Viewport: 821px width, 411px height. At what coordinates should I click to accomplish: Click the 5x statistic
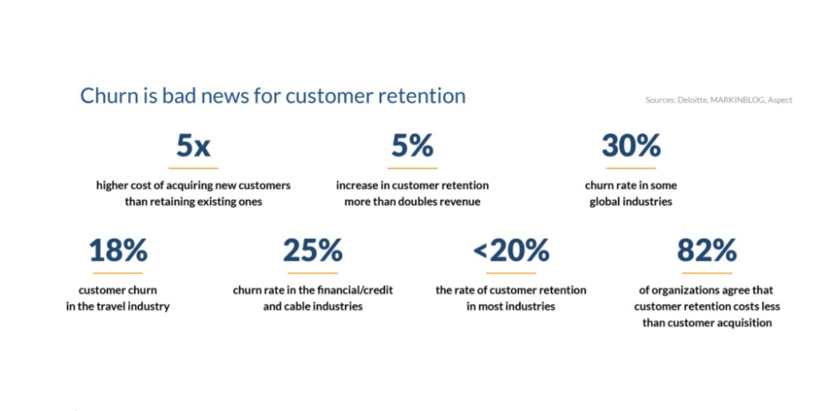click(194, 146)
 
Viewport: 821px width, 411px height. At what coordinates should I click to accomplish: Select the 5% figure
click(413, 146)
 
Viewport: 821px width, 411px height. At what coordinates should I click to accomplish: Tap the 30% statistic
click(631, 146)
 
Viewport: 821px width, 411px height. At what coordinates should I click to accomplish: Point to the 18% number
click(118, 250)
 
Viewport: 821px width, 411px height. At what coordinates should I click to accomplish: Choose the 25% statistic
click(313, 250)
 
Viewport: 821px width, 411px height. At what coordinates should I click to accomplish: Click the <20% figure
click(511, 250)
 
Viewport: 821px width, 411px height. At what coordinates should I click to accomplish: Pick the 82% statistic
click(707, 250)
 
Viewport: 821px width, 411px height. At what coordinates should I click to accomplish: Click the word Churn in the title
click(109, 96)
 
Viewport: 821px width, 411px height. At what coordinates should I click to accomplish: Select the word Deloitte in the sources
click(692, 100)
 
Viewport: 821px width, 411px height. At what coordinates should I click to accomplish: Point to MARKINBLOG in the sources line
click(738, 100)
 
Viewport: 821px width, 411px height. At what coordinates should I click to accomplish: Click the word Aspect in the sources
click(780, 100)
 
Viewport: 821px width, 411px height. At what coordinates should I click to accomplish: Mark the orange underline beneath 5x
click(194, 168)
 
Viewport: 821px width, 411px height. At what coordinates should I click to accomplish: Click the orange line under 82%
click(707, 273)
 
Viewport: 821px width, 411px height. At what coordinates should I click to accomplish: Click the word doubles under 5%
click(425, 201)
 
